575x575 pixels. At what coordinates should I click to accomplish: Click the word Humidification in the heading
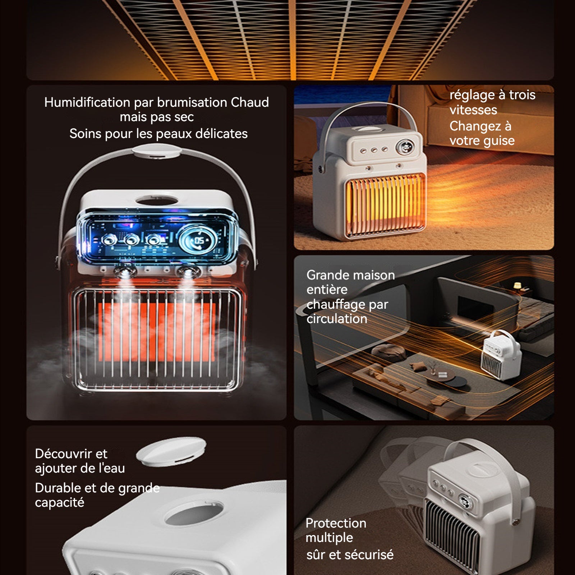[x=87, y=102]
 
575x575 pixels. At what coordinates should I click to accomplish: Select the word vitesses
[x=473, y=110]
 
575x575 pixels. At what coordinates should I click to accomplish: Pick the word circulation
[x=337, y=319]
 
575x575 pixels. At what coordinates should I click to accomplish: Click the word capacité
[x=59, y=502]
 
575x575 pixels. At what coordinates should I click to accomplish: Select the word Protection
[x=336, y=523]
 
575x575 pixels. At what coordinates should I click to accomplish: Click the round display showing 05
[x=198, y=240]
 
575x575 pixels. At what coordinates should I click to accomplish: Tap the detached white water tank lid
[x=171, y=451]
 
